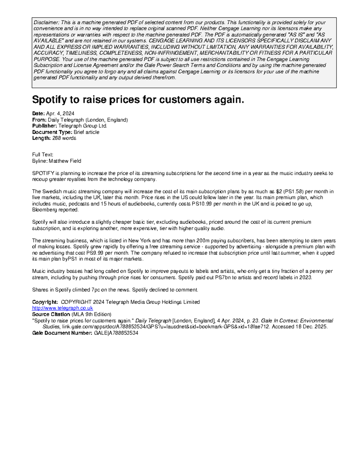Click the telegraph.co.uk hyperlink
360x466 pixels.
62,308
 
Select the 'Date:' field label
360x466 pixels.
38,113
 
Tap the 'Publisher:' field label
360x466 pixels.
44,126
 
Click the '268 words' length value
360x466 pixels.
64,138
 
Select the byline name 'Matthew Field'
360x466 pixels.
65,161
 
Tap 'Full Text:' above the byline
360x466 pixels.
43,155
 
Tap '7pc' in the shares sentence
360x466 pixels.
96,290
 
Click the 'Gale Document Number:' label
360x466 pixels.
62,333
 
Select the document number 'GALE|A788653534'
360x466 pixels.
116,333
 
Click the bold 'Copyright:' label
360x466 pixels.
45,302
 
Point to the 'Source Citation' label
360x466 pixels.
51,314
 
